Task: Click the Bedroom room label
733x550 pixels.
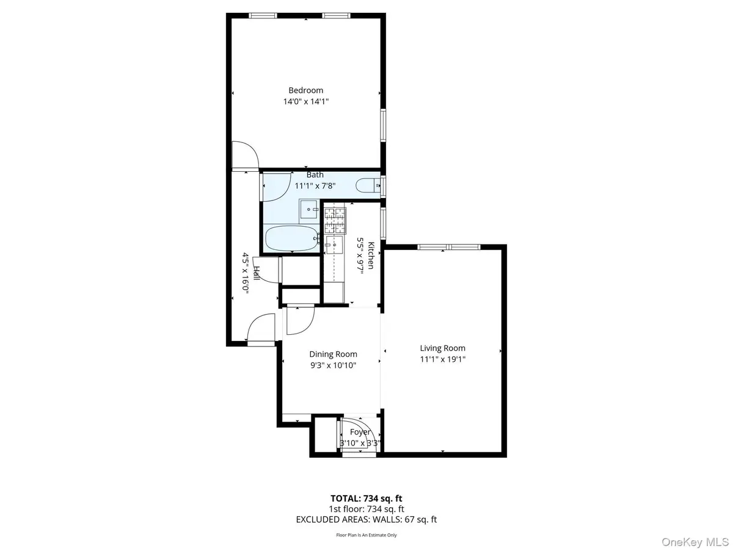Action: pos(306,90)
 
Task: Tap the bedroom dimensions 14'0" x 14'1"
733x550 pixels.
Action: pos(306,102)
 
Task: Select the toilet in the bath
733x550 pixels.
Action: pos(368,185)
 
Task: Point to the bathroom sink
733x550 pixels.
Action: pos(309,210)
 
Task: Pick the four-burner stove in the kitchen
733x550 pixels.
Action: pos(335,221)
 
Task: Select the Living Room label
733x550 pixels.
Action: pos(443,348)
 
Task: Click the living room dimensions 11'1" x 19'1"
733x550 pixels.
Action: pos(443,359)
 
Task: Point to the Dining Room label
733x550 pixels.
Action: pos(333,354)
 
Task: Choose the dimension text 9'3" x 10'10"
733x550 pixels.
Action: pos(333,365)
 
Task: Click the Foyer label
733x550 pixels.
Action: pos(360,432)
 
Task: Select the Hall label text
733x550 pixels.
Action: pos(257,273)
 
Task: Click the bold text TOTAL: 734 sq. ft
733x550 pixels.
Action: pos(366,498)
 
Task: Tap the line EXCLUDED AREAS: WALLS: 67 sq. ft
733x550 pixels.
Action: pos(366,519)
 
